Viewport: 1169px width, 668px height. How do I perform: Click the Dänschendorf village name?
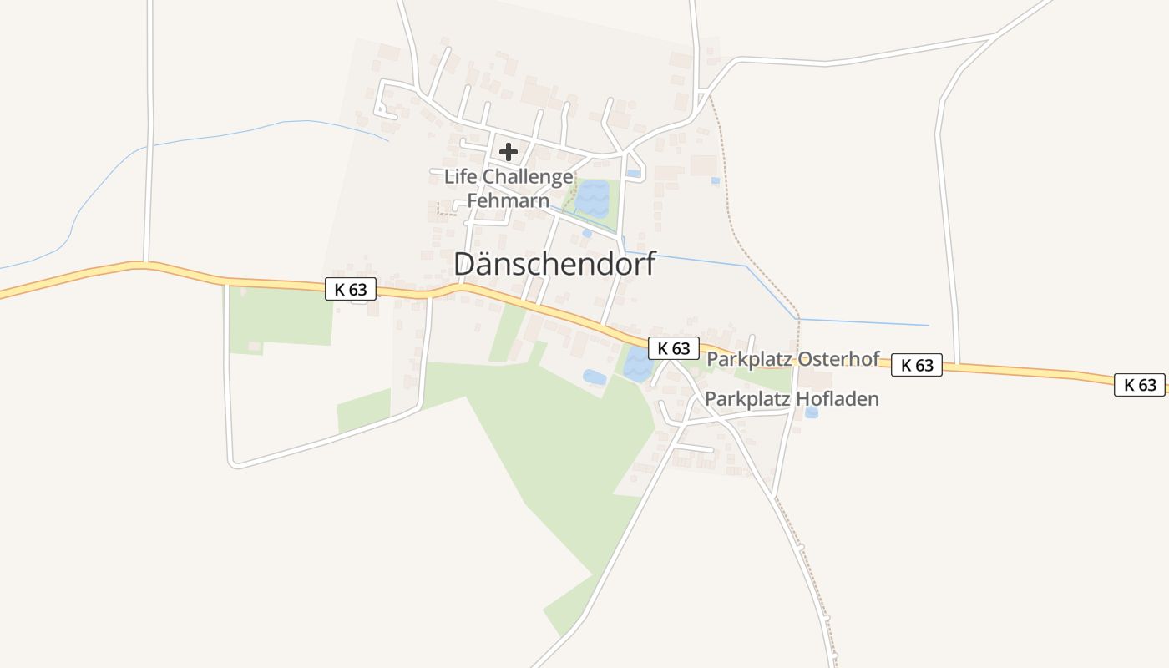pyautogui.click(x=554, y=264)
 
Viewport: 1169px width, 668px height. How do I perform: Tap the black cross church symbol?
pyautogui.click(x=509, y=152)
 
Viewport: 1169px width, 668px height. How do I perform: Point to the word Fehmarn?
pyautogui.click(x=508, y=201)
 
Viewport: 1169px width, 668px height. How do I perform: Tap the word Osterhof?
pyautogui.click(x=838, y=359)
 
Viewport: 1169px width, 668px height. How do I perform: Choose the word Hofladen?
pyautogui.click(x=837, y=399)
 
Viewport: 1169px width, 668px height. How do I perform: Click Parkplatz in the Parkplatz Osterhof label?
pyautogui.click(x=748, y=359)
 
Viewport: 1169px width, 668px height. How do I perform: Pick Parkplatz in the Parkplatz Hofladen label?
pyautogui.click(x=746, y=399)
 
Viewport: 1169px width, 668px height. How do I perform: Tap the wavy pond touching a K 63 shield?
pyautogui.click(x=638, y=365)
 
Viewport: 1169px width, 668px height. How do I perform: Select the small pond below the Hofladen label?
pyautogui.click(x=812, y=412)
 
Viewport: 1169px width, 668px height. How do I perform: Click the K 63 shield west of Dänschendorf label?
pyautogui.click(x=351, y=290)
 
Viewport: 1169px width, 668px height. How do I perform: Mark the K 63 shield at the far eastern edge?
pyautogui.click(x=1139, y=384)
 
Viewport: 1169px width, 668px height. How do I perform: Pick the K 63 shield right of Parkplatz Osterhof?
pyautogui.click(x=917, y=365)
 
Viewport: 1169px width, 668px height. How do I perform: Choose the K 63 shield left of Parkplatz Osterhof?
pyautogui.click(x=673, y=348)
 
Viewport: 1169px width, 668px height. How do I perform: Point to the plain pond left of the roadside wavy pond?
pyautogui.click(x=595, y=377)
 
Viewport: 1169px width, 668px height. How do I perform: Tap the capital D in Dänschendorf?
pyautogui.click(x=465, y=264)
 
